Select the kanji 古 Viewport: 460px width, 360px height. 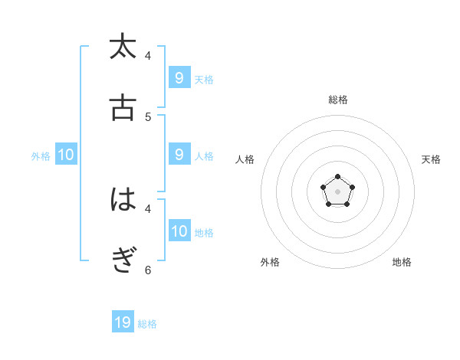click(123, 108)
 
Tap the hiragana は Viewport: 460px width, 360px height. click(123, 200)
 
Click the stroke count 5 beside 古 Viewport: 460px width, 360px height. click(148, 116)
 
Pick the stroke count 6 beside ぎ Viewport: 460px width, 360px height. click(148, 270)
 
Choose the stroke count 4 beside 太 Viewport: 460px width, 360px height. click(148, 55)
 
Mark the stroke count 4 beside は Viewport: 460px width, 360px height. click(148, 208)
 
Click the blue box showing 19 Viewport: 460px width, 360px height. click(123, 322)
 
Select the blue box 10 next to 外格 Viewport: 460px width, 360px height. click(66, 155)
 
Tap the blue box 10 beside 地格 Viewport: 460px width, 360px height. click(179, 231)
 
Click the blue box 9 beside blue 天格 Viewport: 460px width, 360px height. click(179, 77)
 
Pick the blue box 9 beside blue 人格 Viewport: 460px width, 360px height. click(179, 155)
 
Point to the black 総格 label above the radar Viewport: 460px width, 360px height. click(338, 100)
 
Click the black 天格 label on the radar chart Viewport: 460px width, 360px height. click(432, 159)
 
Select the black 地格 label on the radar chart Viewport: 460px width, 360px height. click(402, 262)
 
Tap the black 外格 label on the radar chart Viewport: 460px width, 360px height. click(270, 262)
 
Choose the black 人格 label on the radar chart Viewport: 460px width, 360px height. click(245, 159)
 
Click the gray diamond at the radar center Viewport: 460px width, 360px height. click(338, 191)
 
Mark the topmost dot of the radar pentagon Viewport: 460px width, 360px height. click(338, 177)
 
